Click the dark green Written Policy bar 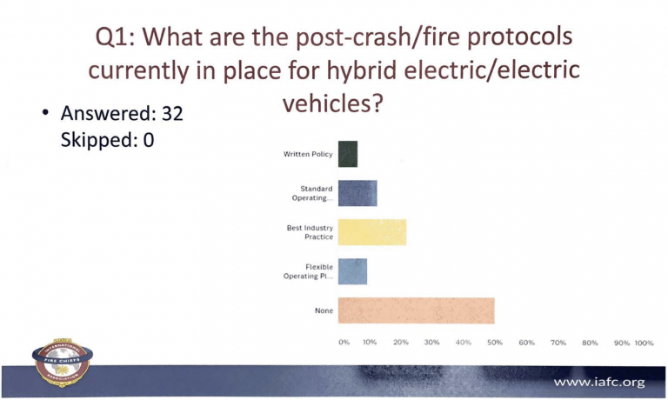click(x=348, y=154)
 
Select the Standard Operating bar click(x=357, y=193)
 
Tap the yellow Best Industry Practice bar click(x=372, y=232)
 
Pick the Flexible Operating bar click(x=352, y=271)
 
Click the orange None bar click(x=417, y=310)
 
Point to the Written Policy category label click(x=308, y=154)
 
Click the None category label click(x=324, y=310)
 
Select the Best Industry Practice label click(x=310, y=232)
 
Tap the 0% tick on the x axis click(x=344, y=342)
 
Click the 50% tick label click(x=495, y=342)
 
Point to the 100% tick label click(x=644, y=343)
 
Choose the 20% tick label click(x=401, y=342)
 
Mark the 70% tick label click(x=558, y=343)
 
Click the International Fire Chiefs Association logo click(x=63, y=362)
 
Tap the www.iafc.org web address click(x=599, y=382)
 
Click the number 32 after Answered click(x=172, y=113)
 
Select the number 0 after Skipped click(x=149, y=140)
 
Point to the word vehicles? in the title click(x=333, y=103)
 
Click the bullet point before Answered click(x=45, y=112)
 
